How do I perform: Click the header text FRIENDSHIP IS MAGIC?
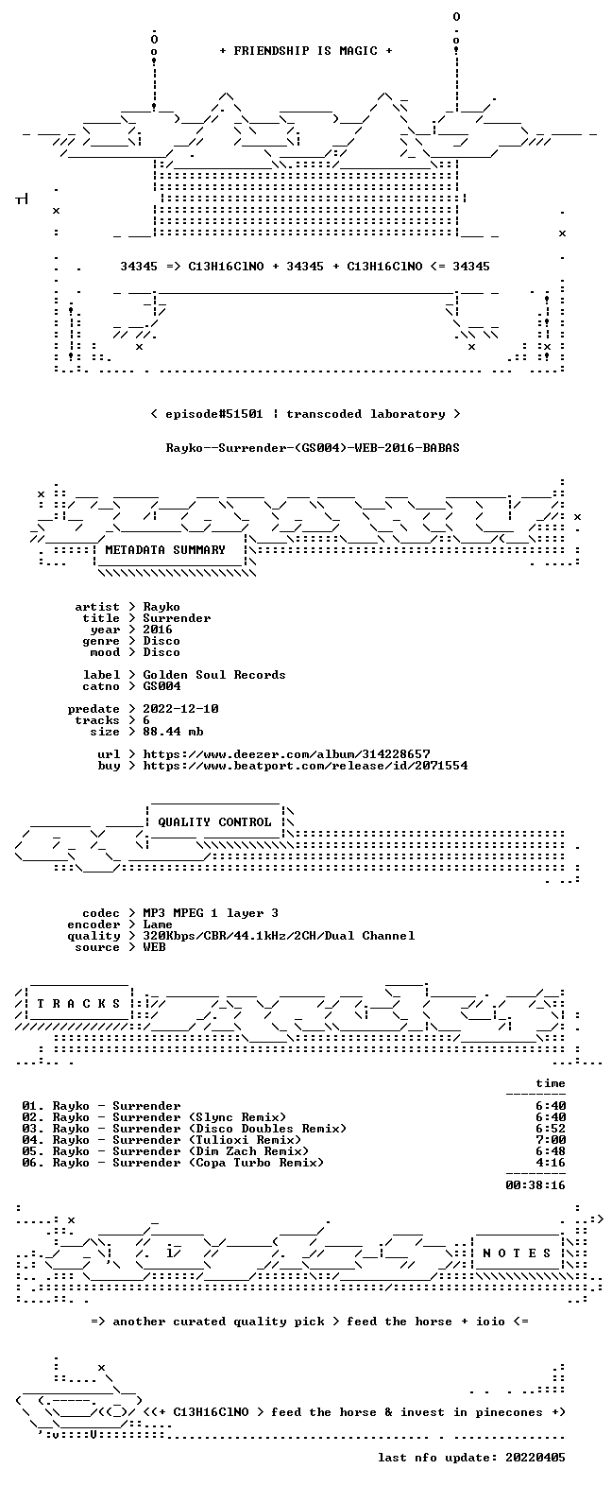tap(306, 50)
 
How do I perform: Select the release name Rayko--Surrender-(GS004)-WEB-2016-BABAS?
tap(313, 448)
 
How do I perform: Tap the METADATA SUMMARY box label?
tap(165, 550)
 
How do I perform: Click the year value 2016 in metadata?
tap(157, 630)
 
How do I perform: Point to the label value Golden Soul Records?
tap(214, 675)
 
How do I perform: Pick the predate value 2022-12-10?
tap(180, 709)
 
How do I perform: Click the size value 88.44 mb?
tap(173, 732)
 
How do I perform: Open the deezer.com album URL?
tap(286, 754)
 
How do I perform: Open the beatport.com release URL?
tap(305, 766)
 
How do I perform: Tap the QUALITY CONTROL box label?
tap(214, 822)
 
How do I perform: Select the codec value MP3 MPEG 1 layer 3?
tap(211, 913)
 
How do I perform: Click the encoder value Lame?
tap(157, 924)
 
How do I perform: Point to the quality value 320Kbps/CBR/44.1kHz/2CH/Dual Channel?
tap(279, 936)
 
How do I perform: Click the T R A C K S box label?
tap(78, 1004)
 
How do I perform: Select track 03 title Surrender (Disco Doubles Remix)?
tap(229, 1129)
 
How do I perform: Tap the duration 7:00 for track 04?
tap(551, 1140)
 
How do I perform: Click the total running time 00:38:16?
tap(535, 1184)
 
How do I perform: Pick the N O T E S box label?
tap(517, 1253)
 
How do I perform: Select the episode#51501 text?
tap(214, 414)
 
